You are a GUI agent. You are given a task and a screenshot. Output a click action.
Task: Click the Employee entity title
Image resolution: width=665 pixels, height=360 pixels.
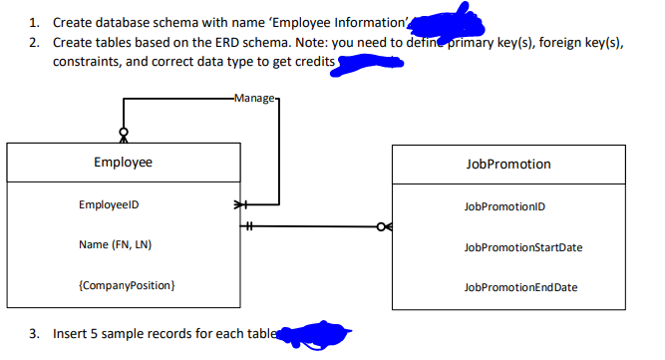(x=123, y=163)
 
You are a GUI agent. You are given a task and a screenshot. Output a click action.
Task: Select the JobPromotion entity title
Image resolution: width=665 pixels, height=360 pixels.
(x=507, y=164)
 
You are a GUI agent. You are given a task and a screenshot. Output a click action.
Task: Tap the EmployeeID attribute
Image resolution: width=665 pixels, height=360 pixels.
(x=108, y=205)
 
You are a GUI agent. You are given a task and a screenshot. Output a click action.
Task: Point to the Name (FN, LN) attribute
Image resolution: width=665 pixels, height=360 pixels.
(x=114, y=245)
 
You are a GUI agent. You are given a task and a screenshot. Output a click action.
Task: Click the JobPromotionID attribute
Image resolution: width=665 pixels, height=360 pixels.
(x=503, y=206)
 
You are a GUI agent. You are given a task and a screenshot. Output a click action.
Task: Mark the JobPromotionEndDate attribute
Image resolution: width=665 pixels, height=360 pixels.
(x=519, y=287)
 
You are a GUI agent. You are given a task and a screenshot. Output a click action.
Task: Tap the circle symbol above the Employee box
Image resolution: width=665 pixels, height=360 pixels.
(x=124, y=131)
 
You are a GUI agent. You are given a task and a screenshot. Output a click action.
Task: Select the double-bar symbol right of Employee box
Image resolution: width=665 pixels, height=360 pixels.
(x=251, y=226)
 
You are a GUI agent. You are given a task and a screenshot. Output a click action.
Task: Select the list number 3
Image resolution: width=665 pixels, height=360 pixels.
(x=33, y=333)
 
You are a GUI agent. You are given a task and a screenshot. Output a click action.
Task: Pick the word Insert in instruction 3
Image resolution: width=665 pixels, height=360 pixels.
(x=69, y=333)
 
